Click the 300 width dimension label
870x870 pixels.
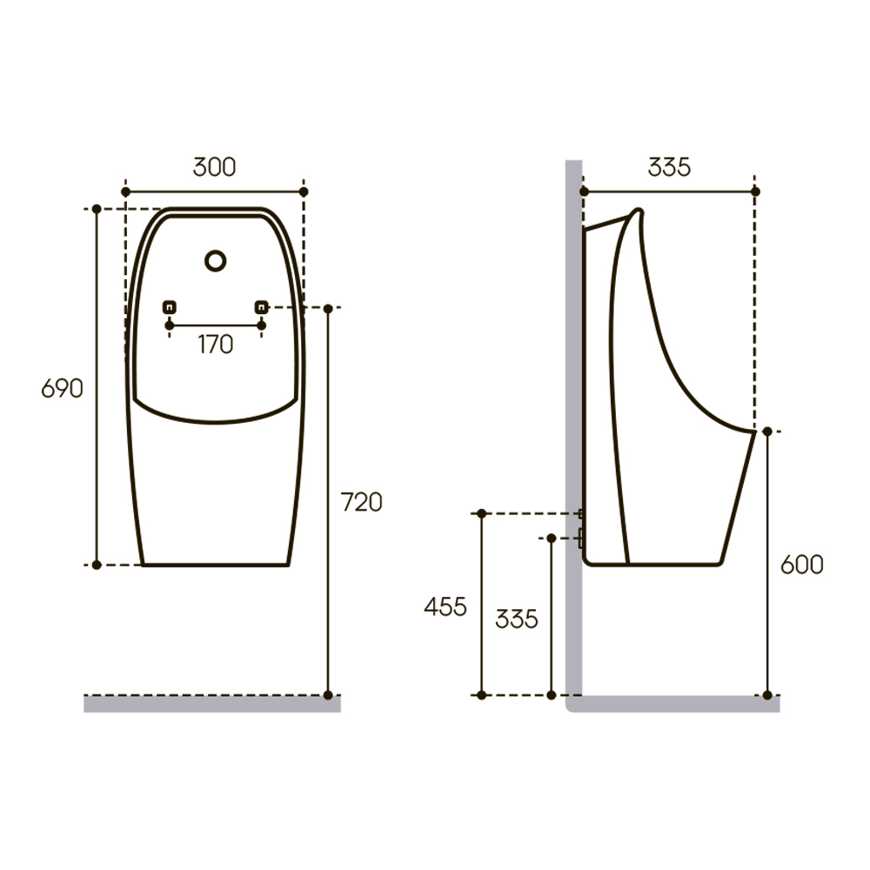pos(214,167)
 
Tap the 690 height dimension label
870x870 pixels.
pos(62,388)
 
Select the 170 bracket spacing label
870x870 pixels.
pos(215,345)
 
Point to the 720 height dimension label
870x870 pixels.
pos(361,502)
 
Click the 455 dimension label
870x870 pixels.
pos(445,606)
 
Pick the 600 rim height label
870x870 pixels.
pos(802,565)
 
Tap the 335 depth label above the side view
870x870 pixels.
pos(669,167)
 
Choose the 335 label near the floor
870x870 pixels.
pos(517,619)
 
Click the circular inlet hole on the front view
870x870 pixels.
pos(215,261)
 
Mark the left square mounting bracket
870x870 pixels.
pos(170,307)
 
